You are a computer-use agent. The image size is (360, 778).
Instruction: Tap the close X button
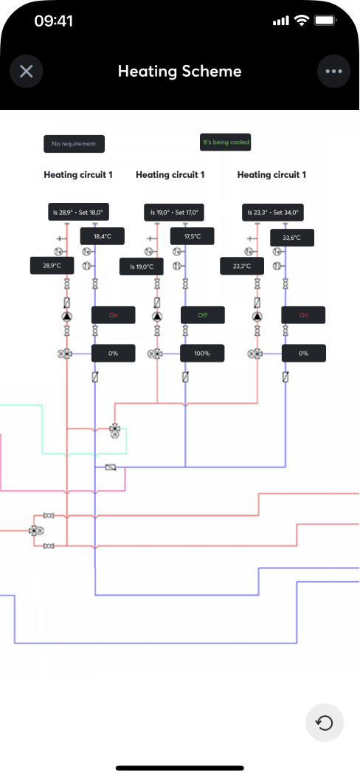pos(27,71)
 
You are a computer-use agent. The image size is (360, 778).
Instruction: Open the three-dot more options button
pos(333,71)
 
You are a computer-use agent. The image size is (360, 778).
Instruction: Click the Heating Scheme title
pos(179,72)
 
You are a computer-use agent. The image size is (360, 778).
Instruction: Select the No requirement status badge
pos(74,144)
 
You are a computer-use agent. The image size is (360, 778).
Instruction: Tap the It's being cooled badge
pos(226,142)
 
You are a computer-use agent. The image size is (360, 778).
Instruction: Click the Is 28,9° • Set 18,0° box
pos(78,213)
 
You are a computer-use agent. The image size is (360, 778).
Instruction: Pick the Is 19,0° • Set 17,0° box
pos(174,213)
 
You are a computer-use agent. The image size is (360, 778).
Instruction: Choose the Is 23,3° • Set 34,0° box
pos(273,213)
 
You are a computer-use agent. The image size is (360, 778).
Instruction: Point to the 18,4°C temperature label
pos(102,236)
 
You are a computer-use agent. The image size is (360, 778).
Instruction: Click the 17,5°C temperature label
pos(192,236)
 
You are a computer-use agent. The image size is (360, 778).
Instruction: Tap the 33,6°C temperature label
pos(292,238)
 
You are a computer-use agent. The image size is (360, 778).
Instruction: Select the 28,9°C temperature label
pos(52,266)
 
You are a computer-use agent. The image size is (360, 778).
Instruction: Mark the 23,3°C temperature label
pos(242,266)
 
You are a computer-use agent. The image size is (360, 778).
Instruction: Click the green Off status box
pos(202,315)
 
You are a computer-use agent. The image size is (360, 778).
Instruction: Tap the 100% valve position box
pos(202,354)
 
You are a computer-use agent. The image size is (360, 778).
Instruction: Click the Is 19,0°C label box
pos(142,266)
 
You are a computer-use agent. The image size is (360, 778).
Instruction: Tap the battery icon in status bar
pos(326,21)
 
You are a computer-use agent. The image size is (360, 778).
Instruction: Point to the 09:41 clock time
pos(54,21)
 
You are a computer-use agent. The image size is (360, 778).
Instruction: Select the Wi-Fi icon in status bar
pos(300,21)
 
